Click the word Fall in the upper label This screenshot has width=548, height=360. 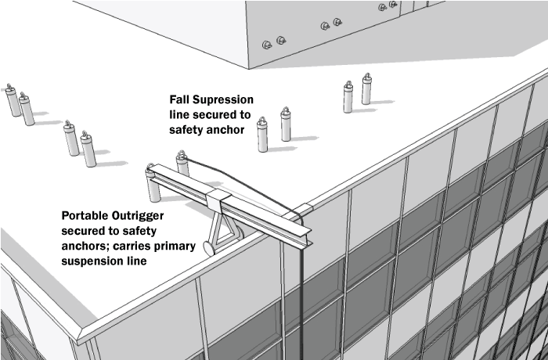(x=182, y=101)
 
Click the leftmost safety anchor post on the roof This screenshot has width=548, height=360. (x=12, y=99)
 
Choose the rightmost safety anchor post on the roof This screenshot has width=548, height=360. (x=366, y=89)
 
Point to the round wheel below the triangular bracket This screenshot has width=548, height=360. (x=209, y=247)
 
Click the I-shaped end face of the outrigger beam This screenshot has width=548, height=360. (x=304, y=233)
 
